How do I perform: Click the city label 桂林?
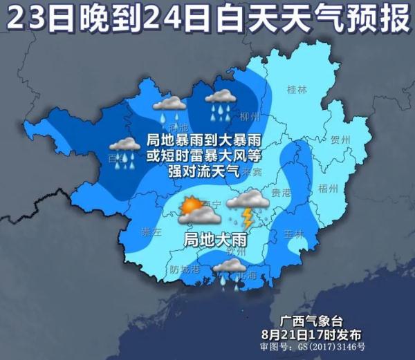coord(297,88)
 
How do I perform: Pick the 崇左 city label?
coord(151,230)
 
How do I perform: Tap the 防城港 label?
coord(185,268)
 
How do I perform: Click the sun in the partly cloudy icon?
coord(189,205)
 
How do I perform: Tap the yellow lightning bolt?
coord(247,219)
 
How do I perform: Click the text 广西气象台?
coord(303,321)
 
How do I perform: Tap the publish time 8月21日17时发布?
coord(303,333)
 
